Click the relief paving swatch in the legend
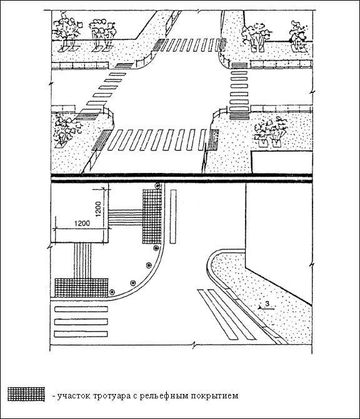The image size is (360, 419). (26, 393)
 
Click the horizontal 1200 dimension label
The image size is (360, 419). (82, 223)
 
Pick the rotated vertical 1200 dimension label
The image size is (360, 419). (98, 209)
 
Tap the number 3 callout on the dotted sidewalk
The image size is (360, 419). (267, 303)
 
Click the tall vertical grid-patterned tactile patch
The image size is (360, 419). (152, 217)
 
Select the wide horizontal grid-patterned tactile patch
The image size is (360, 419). (82, 288)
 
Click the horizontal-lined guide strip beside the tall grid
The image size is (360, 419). (126, 217)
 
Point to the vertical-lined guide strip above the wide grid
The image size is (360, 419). (82, 261)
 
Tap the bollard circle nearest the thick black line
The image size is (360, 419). (157, 185)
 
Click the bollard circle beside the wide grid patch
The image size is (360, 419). (112, 292)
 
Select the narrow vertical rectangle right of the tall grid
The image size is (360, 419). (173, 217)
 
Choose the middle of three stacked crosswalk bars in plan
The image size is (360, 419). (81, 322)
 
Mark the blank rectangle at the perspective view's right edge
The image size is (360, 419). (282, 162)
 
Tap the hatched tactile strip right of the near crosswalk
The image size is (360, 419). (212, 139)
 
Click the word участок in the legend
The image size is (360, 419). (74, 396)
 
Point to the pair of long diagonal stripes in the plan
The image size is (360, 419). (227, 315)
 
